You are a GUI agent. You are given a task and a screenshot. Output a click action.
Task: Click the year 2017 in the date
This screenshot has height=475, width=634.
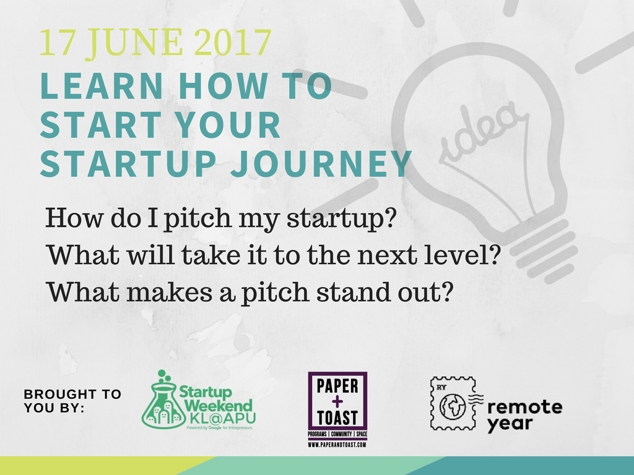(232, 43)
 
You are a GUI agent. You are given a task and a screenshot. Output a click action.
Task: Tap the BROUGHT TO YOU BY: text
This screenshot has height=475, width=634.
(72, 401)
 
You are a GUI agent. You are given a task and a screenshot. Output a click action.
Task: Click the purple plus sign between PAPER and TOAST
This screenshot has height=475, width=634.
(337, 401)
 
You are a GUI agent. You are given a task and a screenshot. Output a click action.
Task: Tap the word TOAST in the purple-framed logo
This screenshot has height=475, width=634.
(337, 417)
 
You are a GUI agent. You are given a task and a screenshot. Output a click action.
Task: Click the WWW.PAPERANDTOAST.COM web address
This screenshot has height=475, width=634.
(337, 445)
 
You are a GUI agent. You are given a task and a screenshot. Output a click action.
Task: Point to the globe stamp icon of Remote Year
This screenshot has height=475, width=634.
(453, 403)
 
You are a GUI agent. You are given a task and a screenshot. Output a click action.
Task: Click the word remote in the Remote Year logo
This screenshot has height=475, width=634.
(524, 407)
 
